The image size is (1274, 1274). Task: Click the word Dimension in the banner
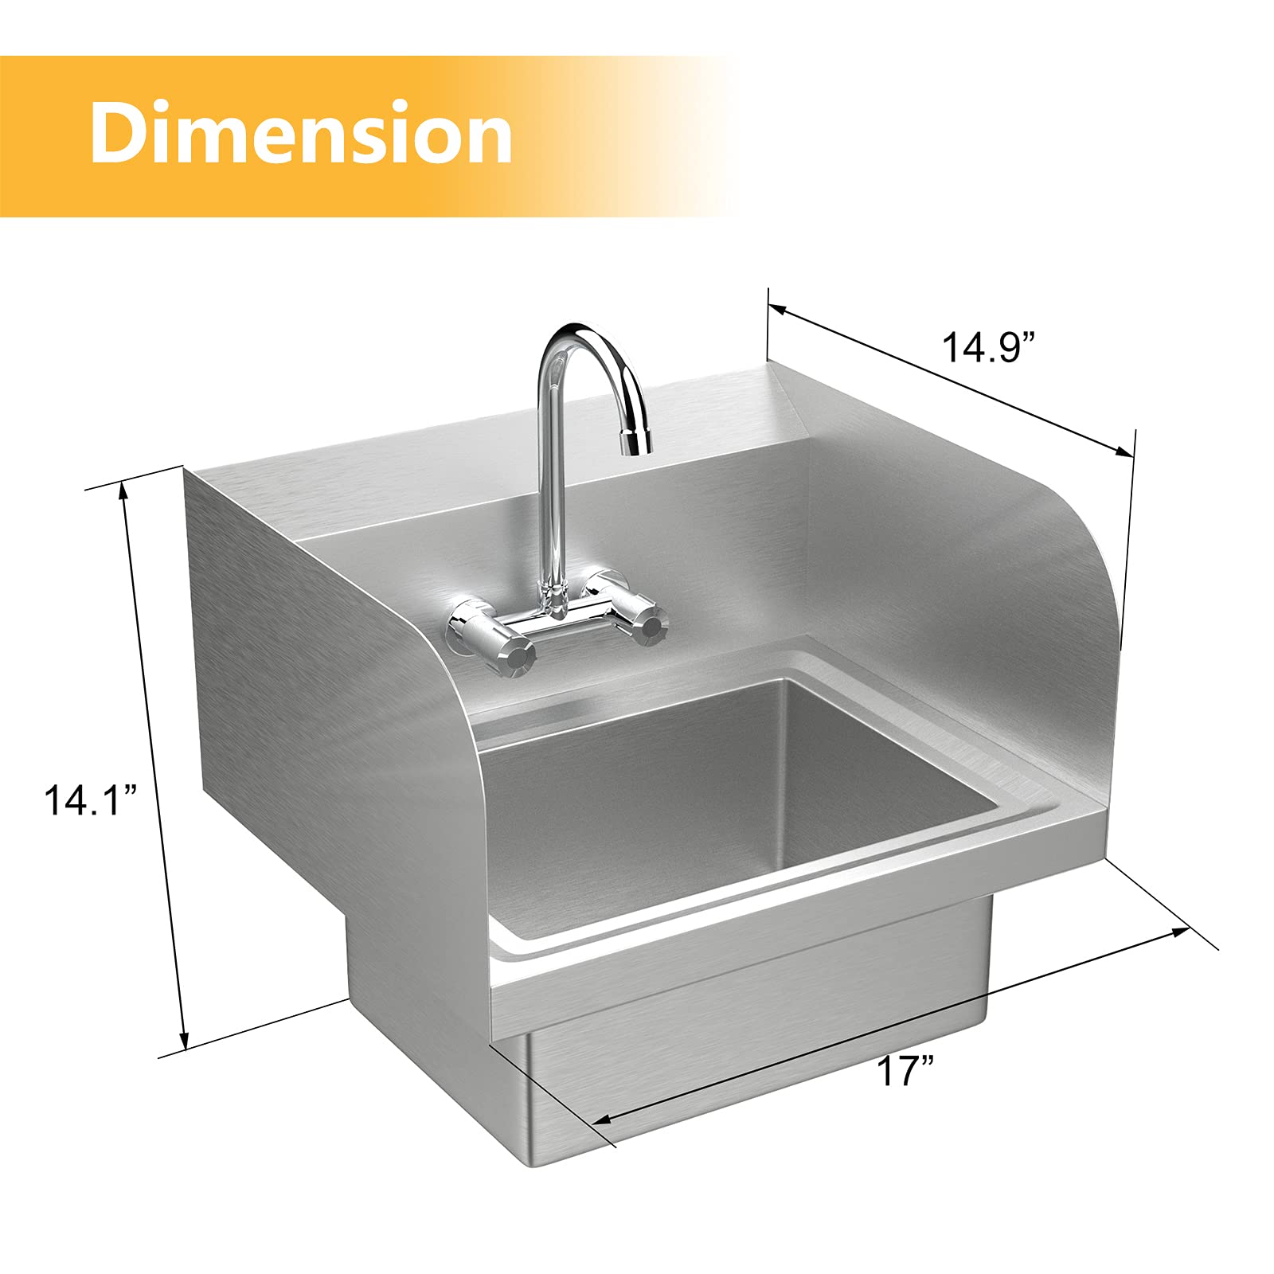tap(301, 132)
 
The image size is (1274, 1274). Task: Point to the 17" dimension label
tap(905, 1071)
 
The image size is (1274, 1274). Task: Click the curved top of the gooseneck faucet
tap(581, 335)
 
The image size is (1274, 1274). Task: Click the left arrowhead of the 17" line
tap(601, 1120)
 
